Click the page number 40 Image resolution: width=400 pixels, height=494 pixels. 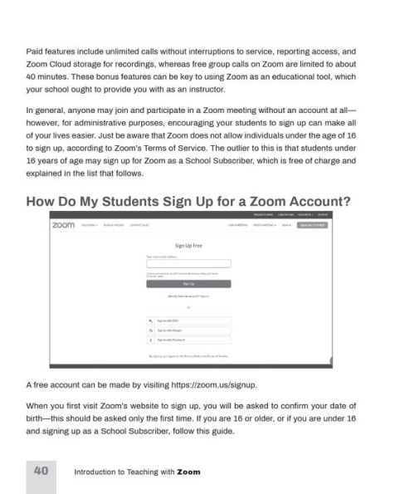click(x=40, y=471)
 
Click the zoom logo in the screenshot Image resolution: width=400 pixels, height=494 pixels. click(x=62, y=225)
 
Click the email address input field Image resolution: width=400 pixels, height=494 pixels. click(x=188, y=264)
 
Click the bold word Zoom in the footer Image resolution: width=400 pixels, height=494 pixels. click(x=188, y=472)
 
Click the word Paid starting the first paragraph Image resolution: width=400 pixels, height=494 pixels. click(x=35, y=50)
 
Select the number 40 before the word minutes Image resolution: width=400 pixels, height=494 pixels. click(x=32, y=76)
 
